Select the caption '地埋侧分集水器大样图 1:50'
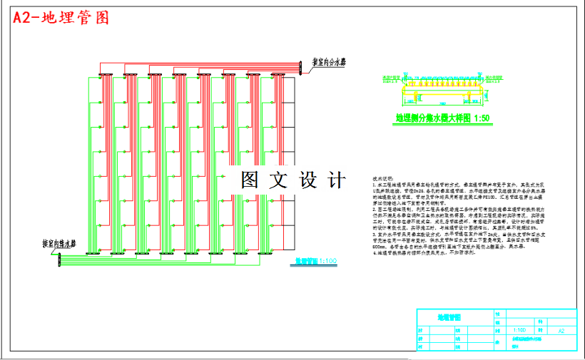(x=443, y=118)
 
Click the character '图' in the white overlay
(x=249, y=180)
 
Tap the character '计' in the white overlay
(x=336, y=180)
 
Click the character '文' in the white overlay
(x=278, y=180)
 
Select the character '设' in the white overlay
(x=307, y=180)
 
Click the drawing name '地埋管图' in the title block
(x=449, y=316)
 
